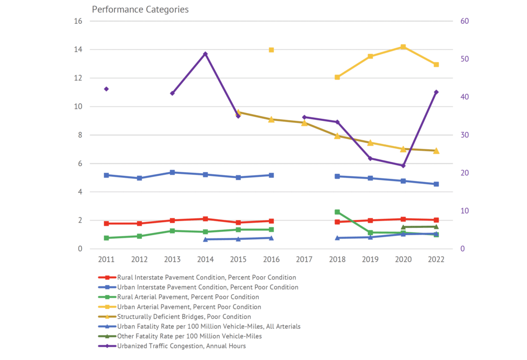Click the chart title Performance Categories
coord(140,9)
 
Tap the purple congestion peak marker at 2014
coord(205,54)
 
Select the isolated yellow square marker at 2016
coord(271,50)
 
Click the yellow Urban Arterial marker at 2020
coord(403,47)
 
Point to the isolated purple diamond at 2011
coord(107,89)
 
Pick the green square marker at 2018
coord(337,212)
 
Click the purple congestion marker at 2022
coord(436,92)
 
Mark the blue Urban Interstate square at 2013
coord(172,172)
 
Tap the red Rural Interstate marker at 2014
coord(205,219)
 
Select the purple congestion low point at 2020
coord(403,166)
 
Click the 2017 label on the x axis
coord(304,260)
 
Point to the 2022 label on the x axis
coord(436,260)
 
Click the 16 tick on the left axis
coord(78,21)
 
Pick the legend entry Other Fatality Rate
coord(189,336)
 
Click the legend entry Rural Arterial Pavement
coord(188,297)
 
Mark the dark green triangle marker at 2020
coord(403,227)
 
